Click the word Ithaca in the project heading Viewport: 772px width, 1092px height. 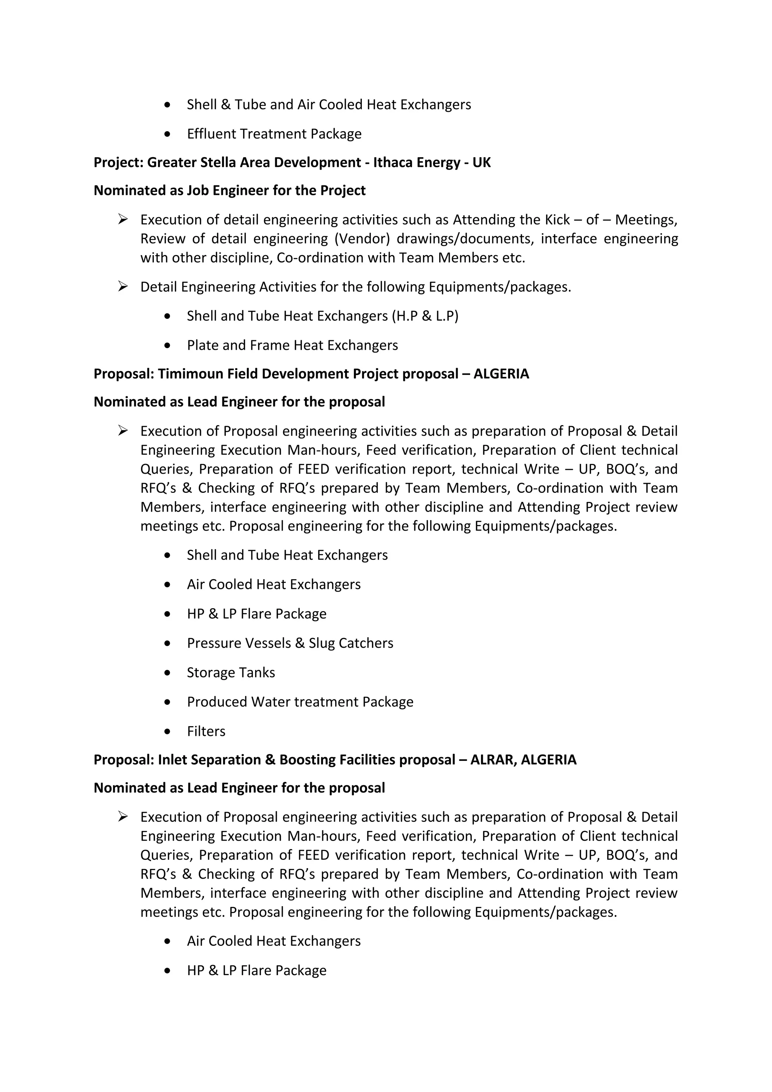[x=393, y=163]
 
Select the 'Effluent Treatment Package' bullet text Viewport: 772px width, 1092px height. [x=274, y=134]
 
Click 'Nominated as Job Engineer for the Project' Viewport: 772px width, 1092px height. [x=229, y=190]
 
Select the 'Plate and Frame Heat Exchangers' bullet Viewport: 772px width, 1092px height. [x=292, y=345]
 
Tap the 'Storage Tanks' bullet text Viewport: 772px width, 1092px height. [x=231, y=673]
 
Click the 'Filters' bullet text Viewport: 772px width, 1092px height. [x=206, y=731]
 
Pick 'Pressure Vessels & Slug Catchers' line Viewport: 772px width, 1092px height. [x=289, y=643]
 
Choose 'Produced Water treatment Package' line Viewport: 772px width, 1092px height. [x=300, y=702]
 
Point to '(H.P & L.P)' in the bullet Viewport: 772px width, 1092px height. [x=425, y=316]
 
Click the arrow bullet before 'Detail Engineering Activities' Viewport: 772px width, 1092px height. [x=123, y=286]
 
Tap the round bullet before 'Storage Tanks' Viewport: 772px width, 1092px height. [x=167, y=673]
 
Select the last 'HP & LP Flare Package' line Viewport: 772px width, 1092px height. [x=256, y=970]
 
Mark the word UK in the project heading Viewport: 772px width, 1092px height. [x=481, y=163]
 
